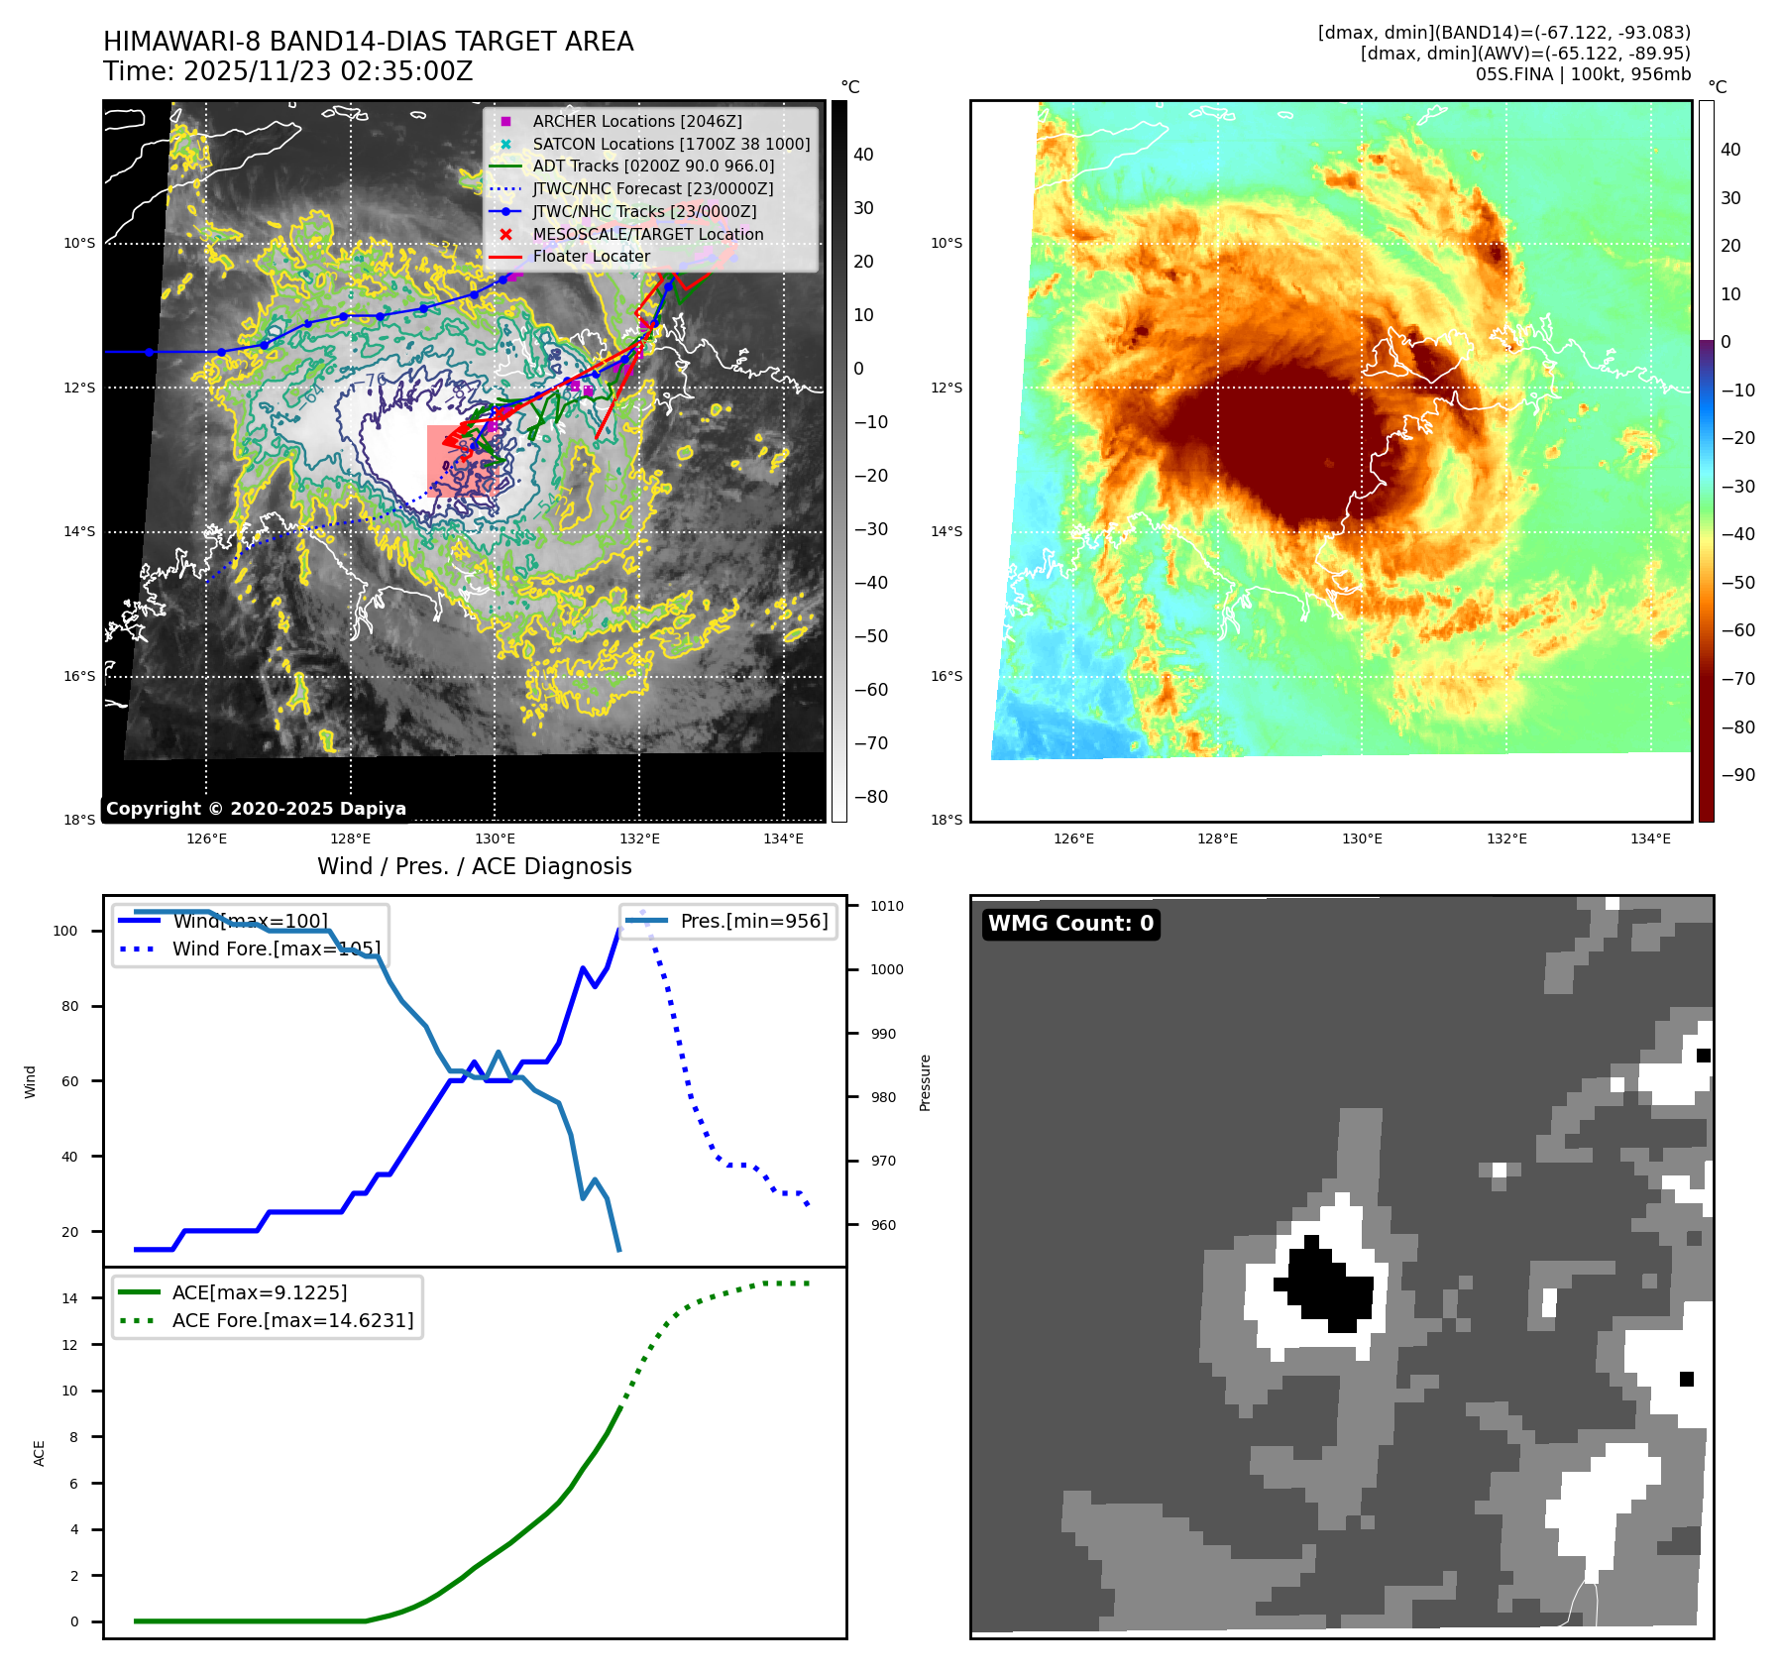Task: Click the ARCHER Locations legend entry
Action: [636, 121]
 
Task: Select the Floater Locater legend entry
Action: [591, 256]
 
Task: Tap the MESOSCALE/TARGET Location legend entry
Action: [647, 234]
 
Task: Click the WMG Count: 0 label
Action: [1070, 924]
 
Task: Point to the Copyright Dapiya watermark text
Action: [256, 809]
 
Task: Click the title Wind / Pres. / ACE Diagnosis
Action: [474, 866]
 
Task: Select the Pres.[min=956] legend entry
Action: [753, 921]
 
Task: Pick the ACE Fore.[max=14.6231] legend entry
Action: [292, 1320]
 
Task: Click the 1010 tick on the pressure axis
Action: [886, 906]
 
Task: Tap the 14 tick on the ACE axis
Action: [69, 1298]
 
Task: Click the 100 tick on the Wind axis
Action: [64, 931]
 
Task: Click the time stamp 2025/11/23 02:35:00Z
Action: [328, 72]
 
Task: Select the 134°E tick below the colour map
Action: [1650, 838]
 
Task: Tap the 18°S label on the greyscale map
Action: [79, 820]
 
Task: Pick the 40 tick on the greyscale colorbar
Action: [863, 155]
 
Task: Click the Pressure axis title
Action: [925, 1082]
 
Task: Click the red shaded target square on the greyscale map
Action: [462, 460]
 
